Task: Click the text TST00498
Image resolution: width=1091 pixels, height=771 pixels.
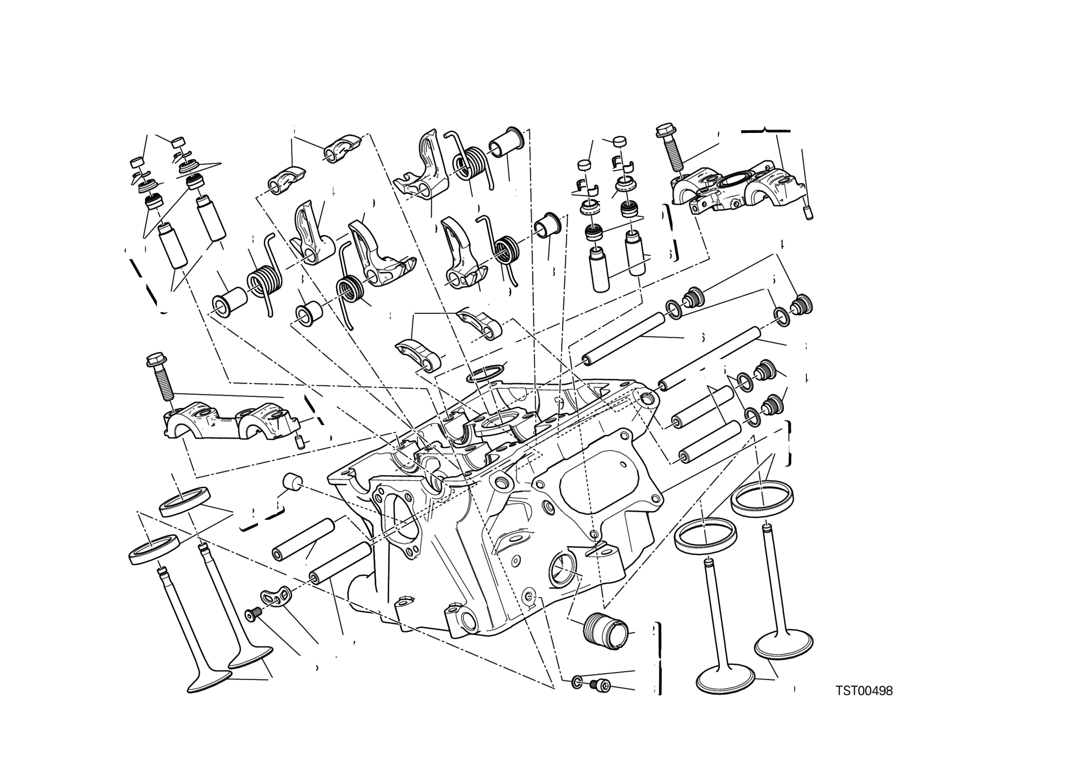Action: (864, 691)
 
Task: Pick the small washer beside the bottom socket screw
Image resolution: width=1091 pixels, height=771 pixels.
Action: (576, 683)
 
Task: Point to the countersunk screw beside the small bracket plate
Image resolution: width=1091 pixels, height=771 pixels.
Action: (252, 615)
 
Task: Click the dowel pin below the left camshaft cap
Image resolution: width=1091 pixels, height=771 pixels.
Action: (299, 443)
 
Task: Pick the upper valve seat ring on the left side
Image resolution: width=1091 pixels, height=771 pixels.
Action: (184, 500)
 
